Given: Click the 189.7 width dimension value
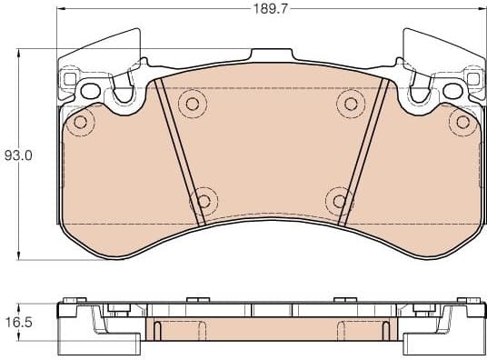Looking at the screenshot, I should [x=266, y=11].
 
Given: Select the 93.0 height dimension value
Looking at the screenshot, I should [x=18, y=155].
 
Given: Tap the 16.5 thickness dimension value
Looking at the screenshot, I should [x=18, y=322].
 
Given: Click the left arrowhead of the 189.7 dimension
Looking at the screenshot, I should [x=62, y=11].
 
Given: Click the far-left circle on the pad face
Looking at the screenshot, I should [x=82, y=121].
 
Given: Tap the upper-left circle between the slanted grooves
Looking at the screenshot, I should [x=191, y=103].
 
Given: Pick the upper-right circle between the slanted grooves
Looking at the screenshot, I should [x=347, y=103].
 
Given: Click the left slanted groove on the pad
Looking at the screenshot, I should [x=176, y=150].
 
